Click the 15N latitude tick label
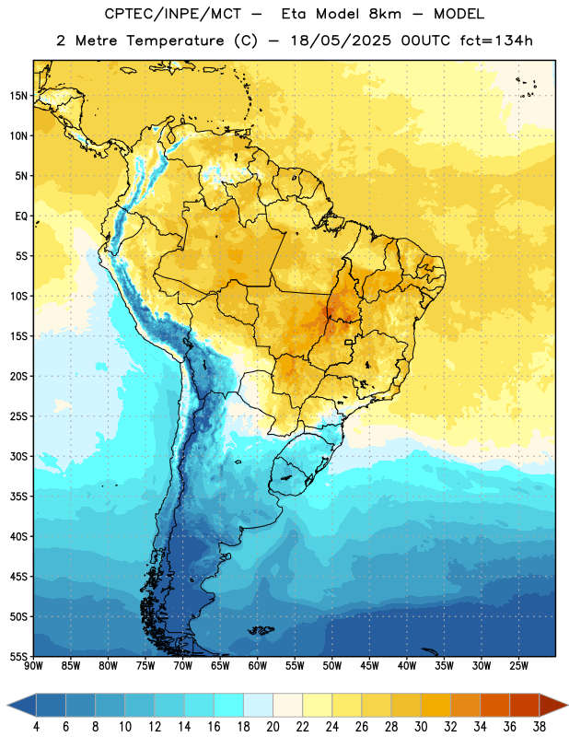pyautogui.click(x=18, y=96)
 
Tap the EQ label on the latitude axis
pyautogui.click(x=21, y=216)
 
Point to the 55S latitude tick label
pyautogui.click(x=18, y=656)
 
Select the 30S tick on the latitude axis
pyautogui.click(x=18, y=456)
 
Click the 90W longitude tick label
pyautogui.click(x=33, y=666)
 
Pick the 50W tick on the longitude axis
pyautogui.click(x=332, y=666)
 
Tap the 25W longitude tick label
pyautogui.click(x=518, y=666)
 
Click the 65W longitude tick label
pyautogui.click(x=220, y=666)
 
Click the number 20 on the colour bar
pyautogui.click(x=273, y=727)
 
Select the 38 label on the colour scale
pyautogui.click(x=540, y=727)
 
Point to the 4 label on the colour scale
pyautogui.click(x=36, y=727)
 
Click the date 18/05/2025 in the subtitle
pyautogui.click(x=341, y=41)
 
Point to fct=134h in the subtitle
pyautogui.click(x=496, y=41)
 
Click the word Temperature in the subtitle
pyautogui.click(x=175, y=41)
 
